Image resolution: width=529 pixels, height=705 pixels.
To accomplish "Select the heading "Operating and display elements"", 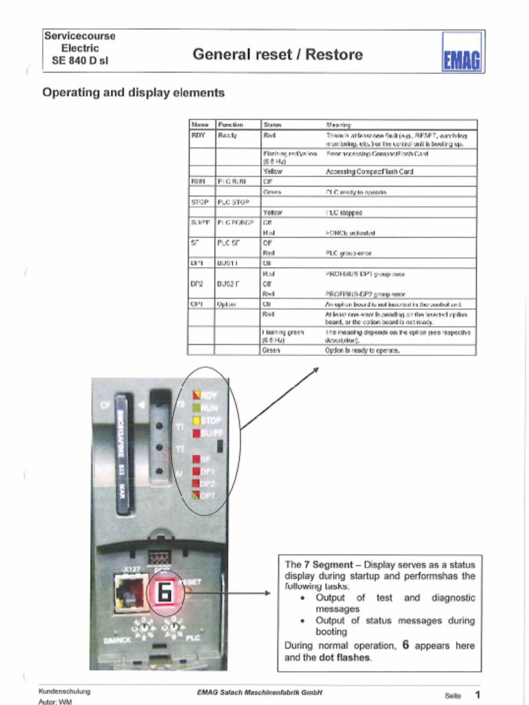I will [x=134, y=92].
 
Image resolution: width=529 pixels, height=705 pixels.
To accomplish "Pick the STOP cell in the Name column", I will [x=200, y=202].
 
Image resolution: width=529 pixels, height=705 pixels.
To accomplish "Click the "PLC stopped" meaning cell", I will [x=344, y=213].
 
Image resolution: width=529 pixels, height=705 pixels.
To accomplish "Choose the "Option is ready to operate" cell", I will [x=362, y=350].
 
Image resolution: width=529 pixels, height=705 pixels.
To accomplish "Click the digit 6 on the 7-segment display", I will [x=163, y=593].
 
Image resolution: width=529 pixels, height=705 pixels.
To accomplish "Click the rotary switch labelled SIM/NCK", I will [x=143, y=629].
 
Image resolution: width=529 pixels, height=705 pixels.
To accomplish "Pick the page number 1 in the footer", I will [x=477, y=694].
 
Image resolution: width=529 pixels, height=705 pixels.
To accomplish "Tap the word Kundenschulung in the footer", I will [x=64, y=691].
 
